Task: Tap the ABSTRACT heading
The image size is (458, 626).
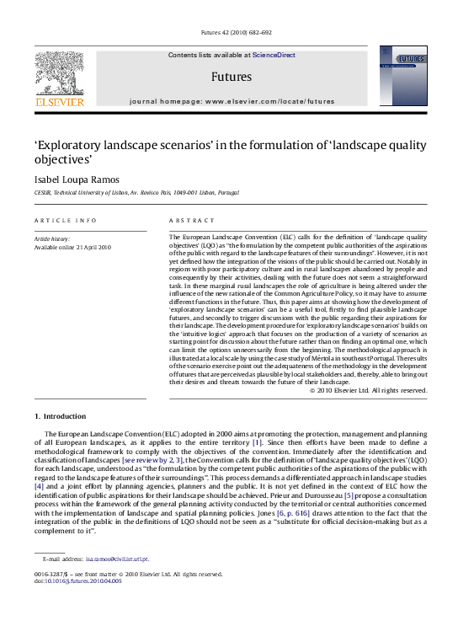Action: point(189,220)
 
